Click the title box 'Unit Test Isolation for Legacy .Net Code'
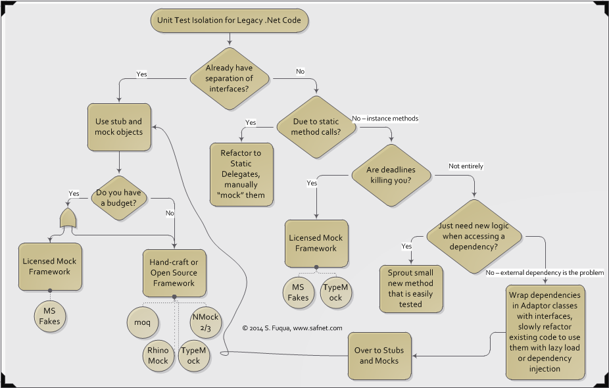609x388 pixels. pyautogui.click(x=230, y=20)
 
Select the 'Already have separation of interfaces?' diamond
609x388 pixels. pyautogui.click(x=230, y=78)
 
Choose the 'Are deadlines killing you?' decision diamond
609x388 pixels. pyautogui.click(x=391, y=176)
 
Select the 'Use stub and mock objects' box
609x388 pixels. pyautogui.click(x=118, y=127)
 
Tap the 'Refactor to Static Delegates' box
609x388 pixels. pyautogui.click(x=241, y=174)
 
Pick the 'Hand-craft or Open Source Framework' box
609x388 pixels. pyautogui.click(x=174, y=272)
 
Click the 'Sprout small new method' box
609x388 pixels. pyautogui.click(x=410, y=289)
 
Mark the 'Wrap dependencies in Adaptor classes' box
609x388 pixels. pyautogui.click(x=545, y=332)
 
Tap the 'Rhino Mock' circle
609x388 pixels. pyautogui.click(x=158, y=356)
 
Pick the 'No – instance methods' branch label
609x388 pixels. pyautogui.click(x=385, y=118)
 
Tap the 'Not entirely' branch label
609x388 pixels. pyautogui.click(x=466, y=166)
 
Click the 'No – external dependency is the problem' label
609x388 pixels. pyautogui.click(x=545, y=272)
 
